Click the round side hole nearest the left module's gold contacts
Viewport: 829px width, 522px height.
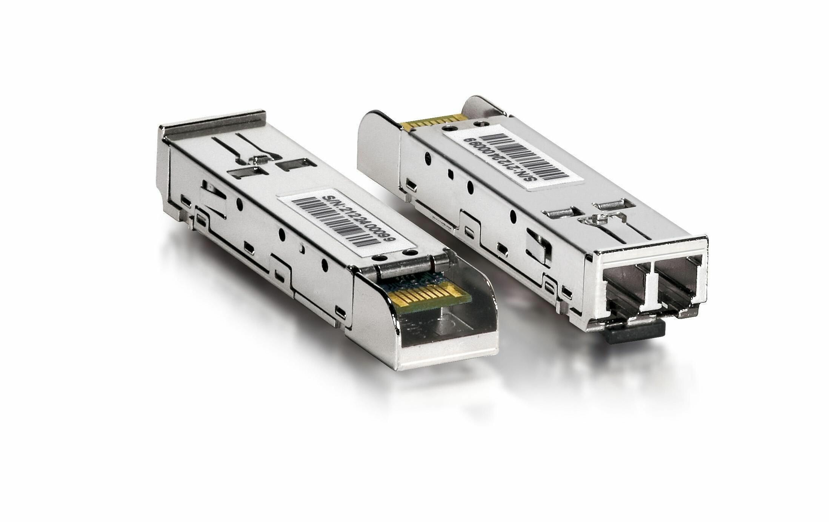[x=324, y=264]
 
